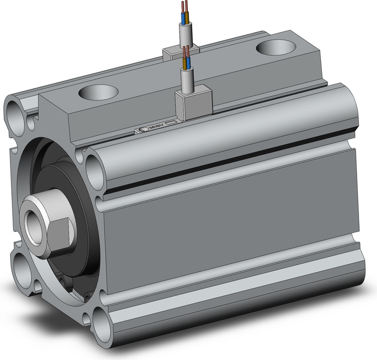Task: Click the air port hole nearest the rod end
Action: point(98,92)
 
